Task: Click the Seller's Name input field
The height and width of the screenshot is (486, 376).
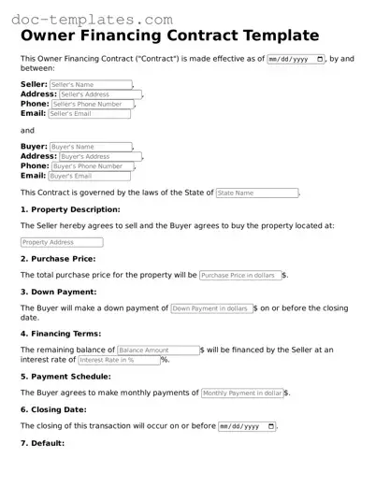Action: [x=90, y=85]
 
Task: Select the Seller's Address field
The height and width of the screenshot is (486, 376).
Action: [x=95, y=94]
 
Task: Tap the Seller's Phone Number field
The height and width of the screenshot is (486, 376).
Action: [x=90, y=104]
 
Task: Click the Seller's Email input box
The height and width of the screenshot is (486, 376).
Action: [x=89, y=114]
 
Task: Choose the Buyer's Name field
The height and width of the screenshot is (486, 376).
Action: [x=90, y=147]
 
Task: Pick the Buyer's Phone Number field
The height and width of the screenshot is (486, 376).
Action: [x=90, y=165]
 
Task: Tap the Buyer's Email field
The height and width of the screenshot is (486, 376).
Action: [x=89, y=176]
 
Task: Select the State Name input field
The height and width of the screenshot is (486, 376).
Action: [x=256, y=193]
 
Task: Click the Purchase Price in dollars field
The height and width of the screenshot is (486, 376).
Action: [x=240, y=276]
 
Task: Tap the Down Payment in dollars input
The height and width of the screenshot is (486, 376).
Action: [x=211, y=308]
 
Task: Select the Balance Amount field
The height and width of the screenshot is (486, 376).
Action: [x=158, y=350]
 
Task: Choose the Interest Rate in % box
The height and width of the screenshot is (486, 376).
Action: [x=119, y=360]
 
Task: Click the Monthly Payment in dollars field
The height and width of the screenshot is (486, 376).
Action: [x=242, y=393]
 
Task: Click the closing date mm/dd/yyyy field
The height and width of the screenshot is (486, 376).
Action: [x=247, y=426]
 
